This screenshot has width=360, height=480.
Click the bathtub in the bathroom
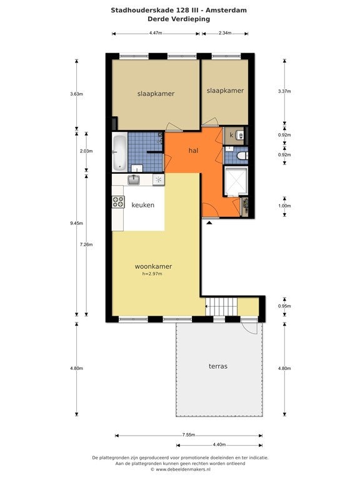[x=119, y=152]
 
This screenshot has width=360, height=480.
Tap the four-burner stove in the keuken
[x=119, y=202]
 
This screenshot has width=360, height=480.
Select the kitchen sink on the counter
[x=134, y=179]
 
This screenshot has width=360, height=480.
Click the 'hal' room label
[x=193, y=151]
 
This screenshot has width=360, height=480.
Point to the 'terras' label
[x=218, y=366]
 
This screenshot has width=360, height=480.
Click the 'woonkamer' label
[x=153, y=266]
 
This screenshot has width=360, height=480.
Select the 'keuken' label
[x=143, y=205]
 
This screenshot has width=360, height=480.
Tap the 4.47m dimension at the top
[x=156, y=33]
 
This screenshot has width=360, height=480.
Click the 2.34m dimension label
[x=225, y=33]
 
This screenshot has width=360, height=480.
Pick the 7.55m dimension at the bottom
[x=189, y=435]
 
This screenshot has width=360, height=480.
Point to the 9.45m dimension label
[x=76, y=223]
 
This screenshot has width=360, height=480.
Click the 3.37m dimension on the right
[x=284, y=91]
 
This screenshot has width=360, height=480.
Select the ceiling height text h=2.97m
[x=152, y=274]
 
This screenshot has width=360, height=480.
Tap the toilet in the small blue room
[x=242, y=156]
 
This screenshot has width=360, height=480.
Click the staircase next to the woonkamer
[x=221, y=306]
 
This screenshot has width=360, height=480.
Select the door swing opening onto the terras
[x=251, y=327]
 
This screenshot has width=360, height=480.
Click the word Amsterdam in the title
[x=226, y=10]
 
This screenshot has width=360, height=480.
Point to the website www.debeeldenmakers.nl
[x=183, y=469]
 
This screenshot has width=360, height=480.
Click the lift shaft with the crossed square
[x=236, y=181]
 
